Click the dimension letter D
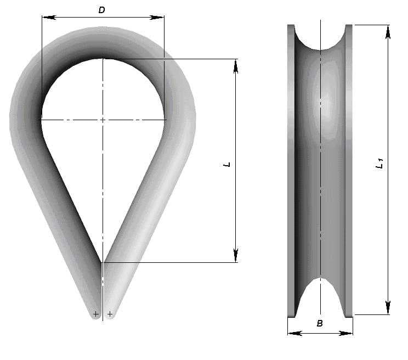coord(101,10)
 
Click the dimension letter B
coord(320,323)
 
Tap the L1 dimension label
coord(380,164)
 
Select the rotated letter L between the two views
coord(227,165)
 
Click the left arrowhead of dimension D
coord(49,18)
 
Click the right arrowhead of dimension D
coord(157,18)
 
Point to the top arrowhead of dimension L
coord(236,66)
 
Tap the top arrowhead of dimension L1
coord(388,32)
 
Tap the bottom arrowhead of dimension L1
coord(388,307)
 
